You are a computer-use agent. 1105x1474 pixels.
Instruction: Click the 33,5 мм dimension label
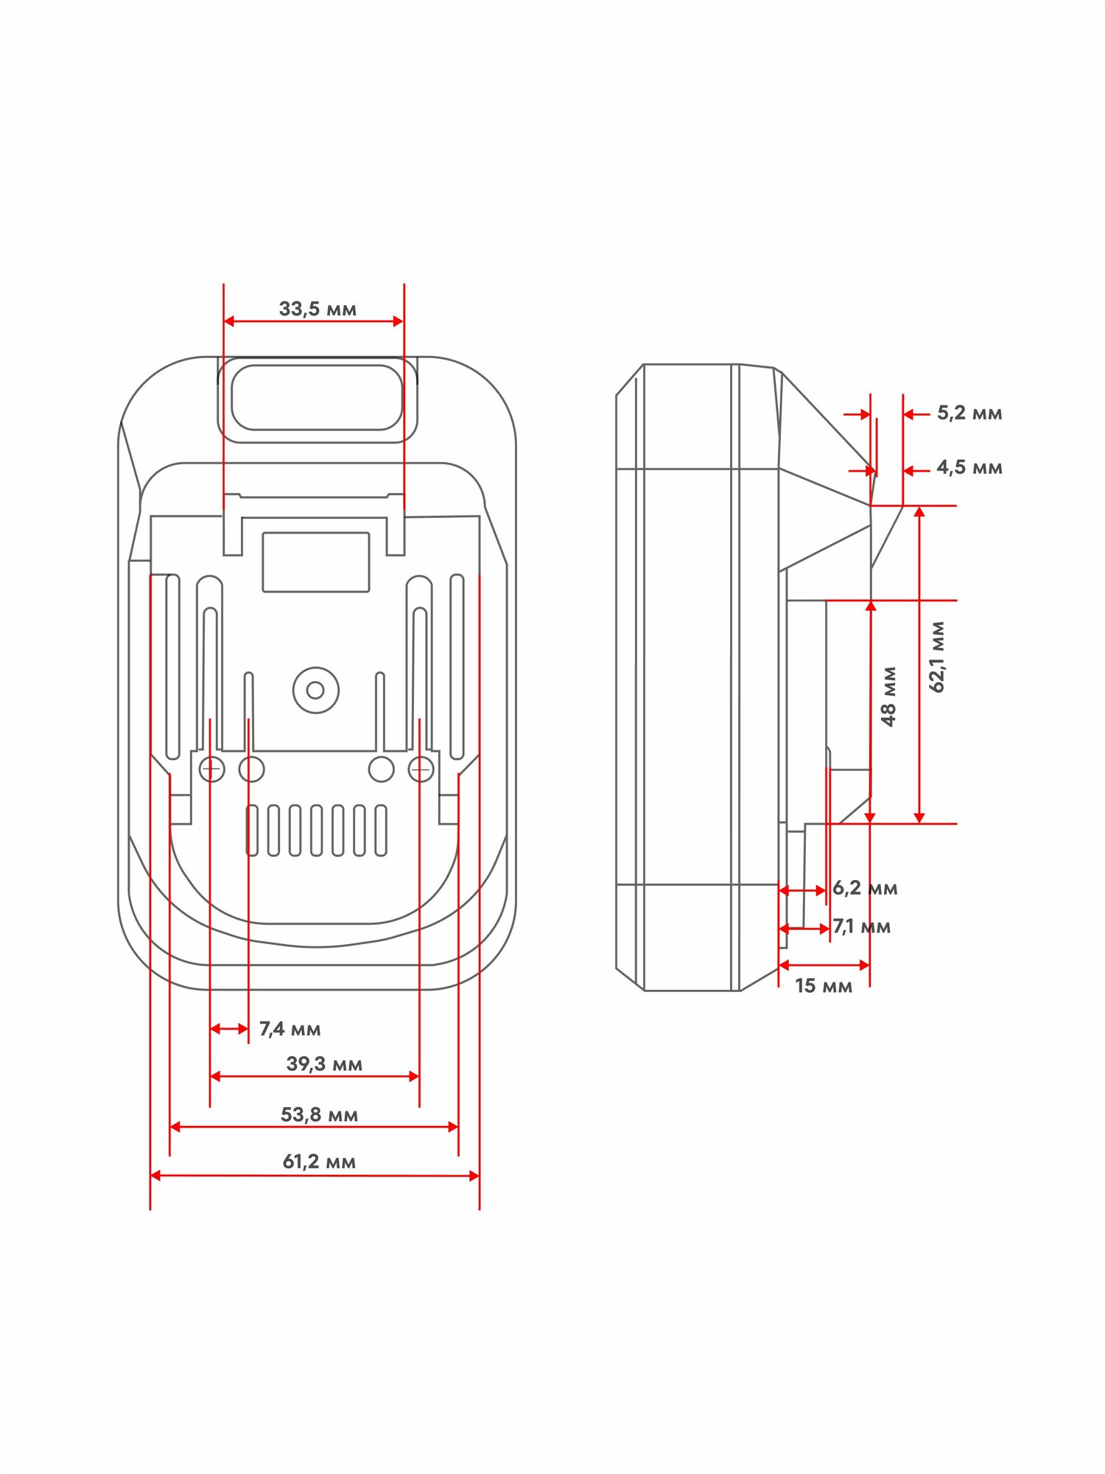pyautogui.click(x=318, y=309)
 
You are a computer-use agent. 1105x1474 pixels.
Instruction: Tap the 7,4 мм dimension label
pyautogui.click(x=290, y=1029)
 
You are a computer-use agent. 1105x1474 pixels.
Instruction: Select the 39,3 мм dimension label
pyautogui.click(x=324, y=1063)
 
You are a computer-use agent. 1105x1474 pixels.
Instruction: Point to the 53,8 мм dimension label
pyautogui.click(x=319, y=1114)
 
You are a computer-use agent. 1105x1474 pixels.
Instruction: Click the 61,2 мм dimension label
pyautogui.click(x=319, y=1162)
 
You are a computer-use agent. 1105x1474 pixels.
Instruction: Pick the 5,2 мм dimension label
pyautogui.click(x=969, y=413)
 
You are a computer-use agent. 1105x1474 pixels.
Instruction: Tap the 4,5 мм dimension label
pyautogui.click(x=969, y=467)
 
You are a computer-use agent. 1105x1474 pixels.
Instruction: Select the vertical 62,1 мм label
pyautogui.click(x=937, y=657)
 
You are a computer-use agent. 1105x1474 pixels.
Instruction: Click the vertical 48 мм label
pyautogui.click(x=889, y=696)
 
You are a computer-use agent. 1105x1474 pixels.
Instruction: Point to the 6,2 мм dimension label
pyautogui.click(x=865, y=888)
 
